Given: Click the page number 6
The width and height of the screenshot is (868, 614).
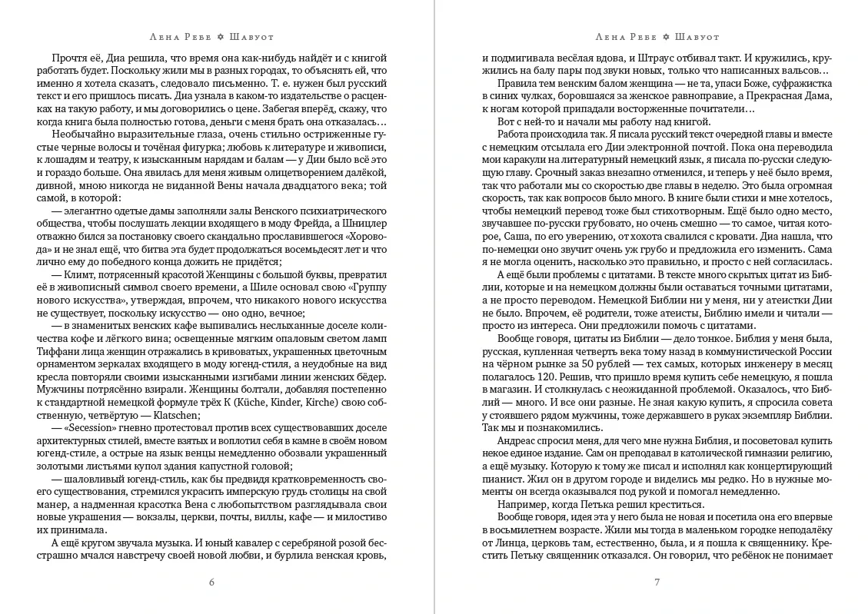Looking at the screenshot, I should [x=211, y=582].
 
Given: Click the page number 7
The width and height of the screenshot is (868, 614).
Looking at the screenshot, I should [x=657, y=582].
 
